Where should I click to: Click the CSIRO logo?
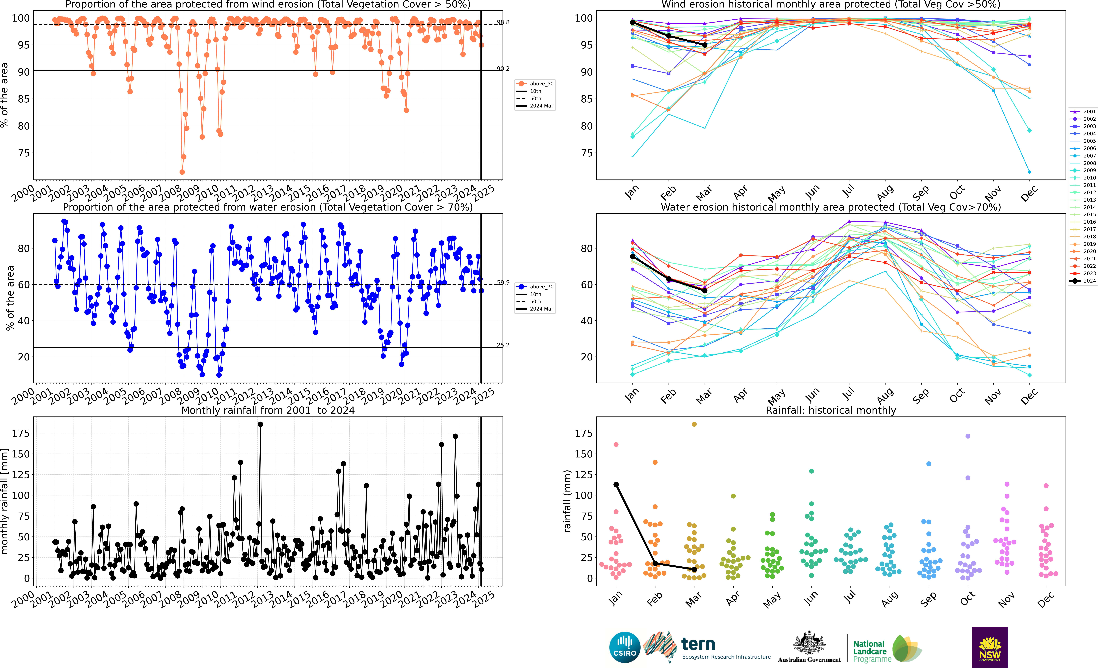[624, 647]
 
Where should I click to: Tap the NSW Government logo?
[990, 647]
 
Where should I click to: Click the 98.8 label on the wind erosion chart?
[503, 22]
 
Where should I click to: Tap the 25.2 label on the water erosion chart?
[503, 345]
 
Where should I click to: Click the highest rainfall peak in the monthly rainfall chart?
[260, 424]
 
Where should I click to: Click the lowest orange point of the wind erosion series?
[182, 172]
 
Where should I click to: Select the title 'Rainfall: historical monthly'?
[831, 410]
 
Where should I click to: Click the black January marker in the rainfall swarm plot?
[616, 485]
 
